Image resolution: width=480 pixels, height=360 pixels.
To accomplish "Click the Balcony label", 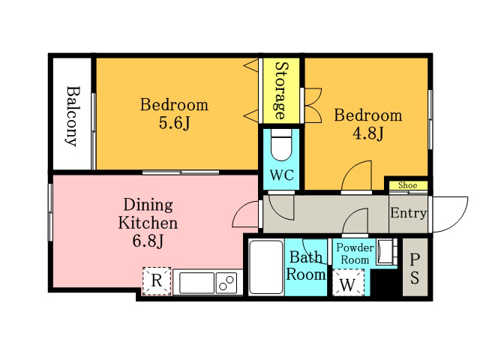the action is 73,115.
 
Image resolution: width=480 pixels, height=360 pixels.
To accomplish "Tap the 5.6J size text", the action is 175,123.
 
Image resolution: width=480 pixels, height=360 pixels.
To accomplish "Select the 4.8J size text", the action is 368,133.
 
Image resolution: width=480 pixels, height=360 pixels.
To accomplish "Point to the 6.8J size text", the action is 148,241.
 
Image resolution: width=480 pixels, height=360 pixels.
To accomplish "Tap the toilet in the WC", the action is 281,145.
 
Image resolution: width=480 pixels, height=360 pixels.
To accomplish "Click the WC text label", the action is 282,175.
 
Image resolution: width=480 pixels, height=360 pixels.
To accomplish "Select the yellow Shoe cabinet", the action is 408,185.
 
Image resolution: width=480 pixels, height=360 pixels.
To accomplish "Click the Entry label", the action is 408,213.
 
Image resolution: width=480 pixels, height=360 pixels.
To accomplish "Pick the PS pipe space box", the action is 415,267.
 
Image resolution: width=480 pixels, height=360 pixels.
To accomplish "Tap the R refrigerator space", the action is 157,280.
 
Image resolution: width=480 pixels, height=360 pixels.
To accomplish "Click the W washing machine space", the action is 348,283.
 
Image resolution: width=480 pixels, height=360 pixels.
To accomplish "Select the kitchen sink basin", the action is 196,283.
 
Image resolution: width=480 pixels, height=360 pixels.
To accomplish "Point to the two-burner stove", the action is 226,283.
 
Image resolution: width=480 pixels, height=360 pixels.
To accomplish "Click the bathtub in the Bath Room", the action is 266,267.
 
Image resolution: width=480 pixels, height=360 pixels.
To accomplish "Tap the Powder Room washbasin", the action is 386,252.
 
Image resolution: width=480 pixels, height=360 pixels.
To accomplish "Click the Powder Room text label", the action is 355,253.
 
